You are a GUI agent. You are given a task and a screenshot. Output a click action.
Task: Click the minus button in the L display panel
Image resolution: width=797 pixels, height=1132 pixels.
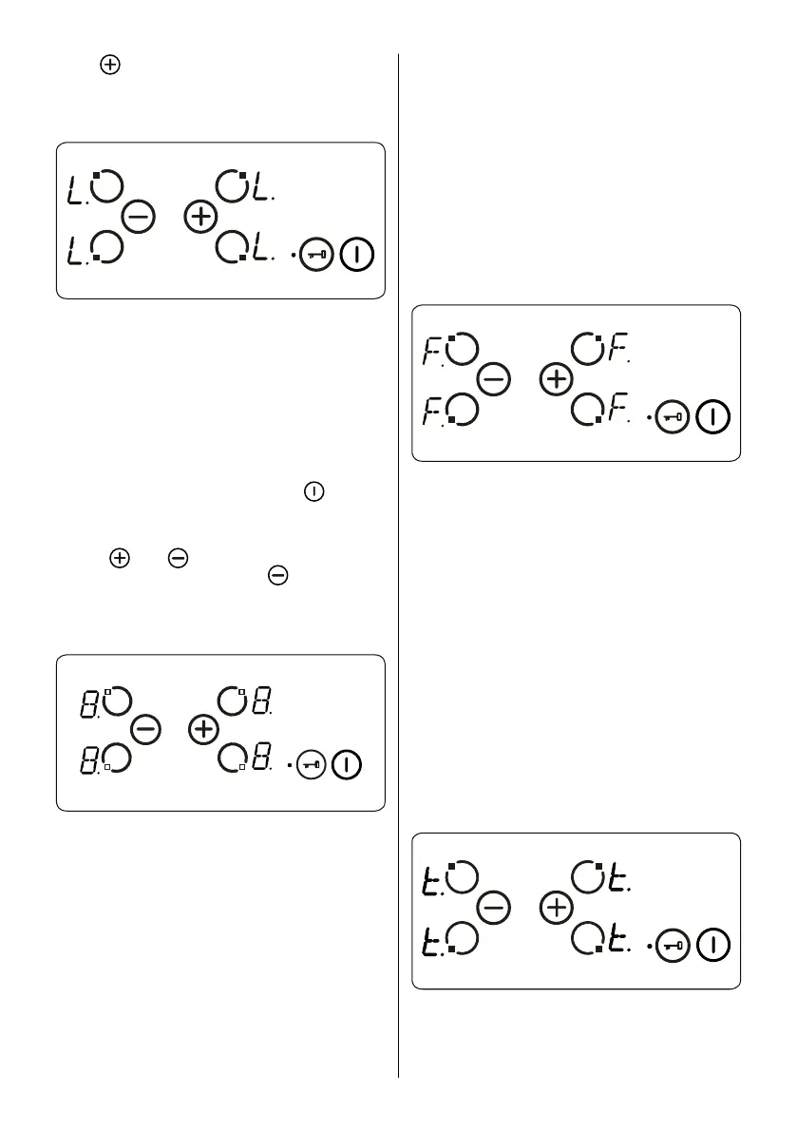[x=139, y=218]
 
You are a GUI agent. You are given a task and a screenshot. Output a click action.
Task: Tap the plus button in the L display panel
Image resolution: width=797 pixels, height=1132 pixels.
[x=199, y=218]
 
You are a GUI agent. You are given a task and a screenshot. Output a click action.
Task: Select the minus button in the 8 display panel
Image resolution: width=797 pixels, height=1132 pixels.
[x=145, y=730]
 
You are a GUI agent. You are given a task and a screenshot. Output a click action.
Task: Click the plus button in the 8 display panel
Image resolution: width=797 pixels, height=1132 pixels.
[x=202, y=730]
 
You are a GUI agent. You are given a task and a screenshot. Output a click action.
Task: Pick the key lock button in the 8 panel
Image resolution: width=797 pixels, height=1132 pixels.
[x=312, y=764]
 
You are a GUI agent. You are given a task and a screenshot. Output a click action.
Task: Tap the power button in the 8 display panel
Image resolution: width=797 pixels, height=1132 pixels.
[x=348, y=764]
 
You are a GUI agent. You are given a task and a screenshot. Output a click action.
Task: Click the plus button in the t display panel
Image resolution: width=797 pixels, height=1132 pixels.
[x=556, y=909]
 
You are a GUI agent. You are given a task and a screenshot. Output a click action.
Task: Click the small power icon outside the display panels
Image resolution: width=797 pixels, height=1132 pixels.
[x=313, y=492]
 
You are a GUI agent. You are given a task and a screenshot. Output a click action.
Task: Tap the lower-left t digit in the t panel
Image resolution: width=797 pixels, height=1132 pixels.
[x=430, y=941]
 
